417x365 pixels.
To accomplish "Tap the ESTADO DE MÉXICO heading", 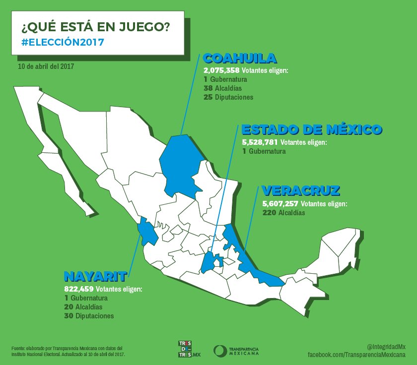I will pyautogui.click(x=311, y=130).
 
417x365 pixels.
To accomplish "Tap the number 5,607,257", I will pyautogui.click(x=280, y=204).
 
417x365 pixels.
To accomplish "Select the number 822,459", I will pyautogui.click(x=79, y=289).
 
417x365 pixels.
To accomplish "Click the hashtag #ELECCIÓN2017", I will pyautogui.click(x=63, y=42).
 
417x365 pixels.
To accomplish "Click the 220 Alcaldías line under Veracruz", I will pyautogui.click(x=283, y=213).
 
